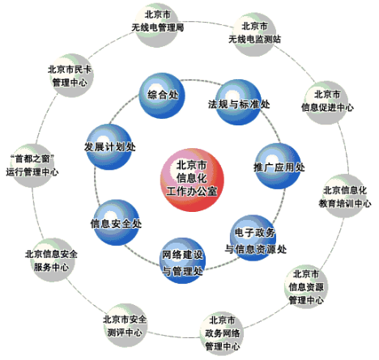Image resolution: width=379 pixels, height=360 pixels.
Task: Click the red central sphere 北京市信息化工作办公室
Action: [x=192, y=180]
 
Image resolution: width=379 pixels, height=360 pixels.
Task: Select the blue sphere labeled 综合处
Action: [x=162, y=95]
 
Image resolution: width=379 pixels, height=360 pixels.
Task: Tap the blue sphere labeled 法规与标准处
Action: [x=239, y=102]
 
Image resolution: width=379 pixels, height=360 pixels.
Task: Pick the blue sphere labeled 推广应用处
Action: [x=278, y=166]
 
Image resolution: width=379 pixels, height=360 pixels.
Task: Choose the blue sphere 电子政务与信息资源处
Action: [x=253, y=238]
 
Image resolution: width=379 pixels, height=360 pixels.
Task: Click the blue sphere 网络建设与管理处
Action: [x=182, y=260]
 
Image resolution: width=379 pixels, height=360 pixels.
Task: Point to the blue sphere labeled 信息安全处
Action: [x=116, y=222]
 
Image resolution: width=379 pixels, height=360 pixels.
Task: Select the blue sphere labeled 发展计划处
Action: [x=109, y=147]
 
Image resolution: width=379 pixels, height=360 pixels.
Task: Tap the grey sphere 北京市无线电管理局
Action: [x=157, y=25]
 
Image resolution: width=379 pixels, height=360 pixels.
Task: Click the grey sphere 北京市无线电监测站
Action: [x=254, y=35]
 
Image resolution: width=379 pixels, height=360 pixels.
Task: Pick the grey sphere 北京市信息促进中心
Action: [x=326, y=103]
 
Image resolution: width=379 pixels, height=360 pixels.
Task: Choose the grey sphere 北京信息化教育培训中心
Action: [x=344, y=196]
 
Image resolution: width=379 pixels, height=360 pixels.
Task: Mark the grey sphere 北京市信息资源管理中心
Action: [x=306, y=286]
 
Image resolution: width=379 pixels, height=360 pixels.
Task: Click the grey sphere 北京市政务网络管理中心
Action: [x=222, y=333]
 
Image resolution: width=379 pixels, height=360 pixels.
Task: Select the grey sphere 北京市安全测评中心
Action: [x=125, y=325]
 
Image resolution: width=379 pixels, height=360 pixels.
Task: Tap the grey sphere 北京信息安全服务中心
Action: [x=51, y=260]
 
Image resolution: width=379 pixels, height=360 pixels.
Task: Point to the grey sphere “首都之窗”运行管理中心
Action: [x=32, y=166]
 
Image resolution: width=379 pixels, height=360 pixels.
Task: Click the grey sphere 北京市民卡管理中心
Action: [x=71, y=75]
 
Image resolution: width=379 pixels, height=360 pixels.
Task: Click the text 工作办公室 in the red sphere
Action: [x=192, y=191]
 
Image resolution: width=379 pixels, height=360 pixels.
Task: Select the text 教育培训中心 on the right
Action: [x=345, y=203]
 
